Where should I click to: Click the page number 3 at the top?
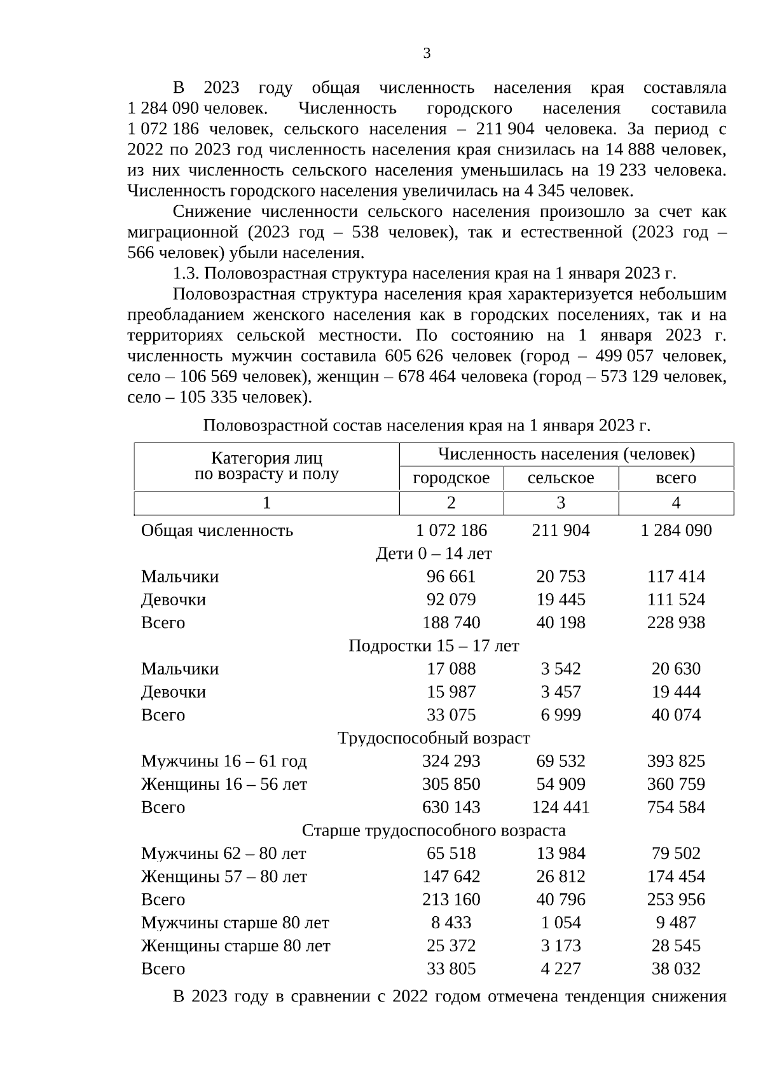click(x=427, y=54)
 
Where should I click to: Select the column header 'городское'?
click(x=451, y=478)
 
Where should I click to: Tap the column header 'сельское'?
click(x=560, y=478)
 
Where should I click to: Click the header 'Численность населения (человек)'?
click(x=566, y=454)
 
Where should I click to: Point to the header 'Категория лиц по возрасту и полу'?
click(x=266, y=466)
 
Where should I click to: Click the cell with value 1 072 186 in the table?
click(x=451, y=530)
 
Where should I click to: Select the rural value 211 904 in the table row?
click(x=560, y=530)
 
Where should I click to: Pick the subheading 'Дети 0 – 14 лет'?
click(x=434, y=554)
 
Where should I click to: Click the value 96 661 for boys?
click(x=451, y=577)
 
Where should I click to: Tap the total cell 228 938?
click(x=676, y=622)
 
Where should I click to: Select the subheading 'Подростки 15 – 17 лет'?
click(x=434, y=646)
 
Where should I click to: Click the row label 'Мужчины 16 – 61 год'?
click(x=224, y=761)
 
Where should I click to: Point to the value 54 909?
click(x=560, y=784)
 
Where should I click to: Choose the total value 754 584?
click(x=676, y=808)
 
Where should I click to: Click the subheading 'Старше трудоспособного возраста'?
click(x=434, y=830)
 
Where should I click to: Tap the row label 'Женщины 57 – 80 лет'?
click(x=224, y=877)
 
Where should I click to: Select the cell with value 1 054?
click(x=560, y=923)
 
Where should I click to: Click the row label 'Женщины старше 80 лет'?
click(x=235, y=946)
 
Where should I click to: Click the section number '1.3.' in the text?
click(x=186, y=273)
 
